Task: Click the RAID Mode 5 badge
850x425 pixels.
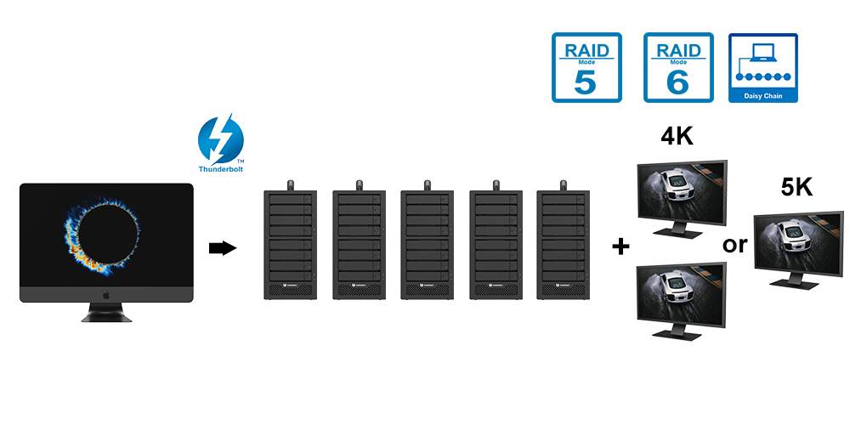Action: [586, 68]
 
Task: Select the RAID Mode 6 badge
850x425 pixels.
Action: [678, 68]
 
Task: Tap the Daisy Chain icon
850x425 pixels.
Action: [763, 68]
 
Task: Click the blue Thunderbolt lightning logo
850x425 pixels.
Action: [221, 139]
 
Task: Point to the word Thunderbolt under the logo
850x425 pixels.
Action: [221, 169]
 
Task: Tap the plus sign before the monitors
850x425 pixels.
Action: [620, 246]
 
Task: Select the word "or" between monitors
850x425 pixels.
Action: [734, 245]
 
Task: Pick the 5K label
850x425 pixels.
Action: [796, 187]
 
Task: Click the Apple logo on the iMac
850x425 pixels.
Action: [107, 294]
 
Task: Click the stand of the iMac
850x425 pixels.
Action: [107, 313]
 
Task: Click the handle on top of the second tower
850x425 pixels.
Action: [359, 183]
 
